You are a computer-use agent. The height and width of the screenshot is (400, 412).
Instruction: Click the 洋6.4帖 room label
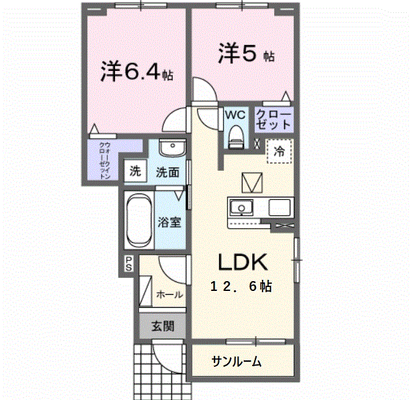tap(136, 71)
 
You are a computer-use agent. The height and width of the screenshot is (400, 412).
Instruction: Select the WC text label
tap(235, 114)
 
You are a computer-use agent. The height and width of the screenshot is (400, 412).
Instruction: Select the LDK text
tap(242, 262)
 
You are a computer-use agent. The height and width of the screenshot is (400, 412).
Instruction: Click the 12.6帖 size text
tap(240, 286)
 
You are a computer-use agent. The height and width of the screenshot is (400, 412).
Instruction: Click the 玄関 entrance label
tap(162, 327)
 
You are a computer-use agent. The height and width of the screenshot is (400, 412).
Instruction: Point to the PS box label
tap(129, 264)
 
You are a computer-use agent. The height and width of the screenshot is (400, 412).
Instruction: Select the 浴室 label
tap(169, 222)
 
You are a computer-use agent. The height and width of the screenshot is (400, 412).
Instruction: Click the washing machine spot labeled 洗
tap(135, 171)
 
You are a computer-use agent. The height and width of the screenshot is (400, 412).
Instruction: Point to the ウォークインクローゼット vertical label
tap(103, 160)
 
